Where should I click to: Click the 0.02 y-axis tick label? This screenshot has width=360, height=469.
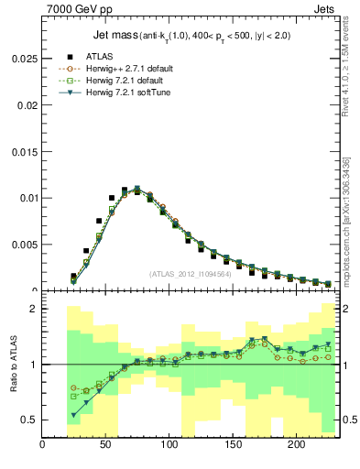(27, 104)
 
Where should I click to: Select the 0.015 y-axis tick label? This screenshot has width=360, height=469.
(25, 150)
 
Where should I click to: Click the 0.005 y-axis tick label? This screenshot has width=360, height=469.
(25, 244)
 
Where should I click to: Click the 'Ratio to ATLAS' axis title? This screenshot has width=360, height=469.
(12, 365)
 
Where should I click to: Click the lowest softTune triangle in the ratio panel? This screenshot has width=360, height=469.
(73, 415)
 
